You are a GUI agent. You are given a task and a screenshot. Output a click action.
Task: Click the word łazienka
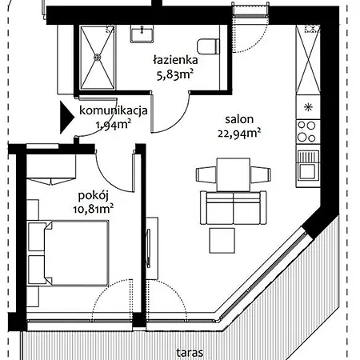[x=175, y=60]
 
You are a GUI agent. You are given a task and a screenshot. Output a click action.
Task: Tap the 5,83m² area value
[x=174, y=74]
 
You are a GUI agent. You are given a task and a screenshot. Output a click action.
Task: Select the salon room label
[x=239, y=119]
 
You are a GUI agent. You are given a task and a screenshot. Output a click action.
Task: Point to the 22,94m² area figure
[x=239, y=133]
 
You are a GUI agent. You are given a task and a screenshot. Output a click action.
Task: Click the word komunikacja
[x=114, y=110]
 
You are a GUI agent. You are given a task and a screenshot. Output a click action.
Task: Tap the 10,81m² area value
[x=94, y=209]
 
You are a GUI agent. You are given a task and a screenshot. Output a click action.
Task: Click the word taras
[x=190, y=353]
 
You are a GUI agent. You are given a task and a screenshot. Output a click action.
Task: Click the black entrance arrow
[x=66, y=118]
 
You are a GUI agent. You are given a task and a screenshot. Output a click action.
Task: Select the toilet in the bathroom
[x=209, y=46]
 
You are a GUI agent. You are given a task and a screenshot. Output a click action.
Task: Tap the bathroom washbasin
[x=142, y=34]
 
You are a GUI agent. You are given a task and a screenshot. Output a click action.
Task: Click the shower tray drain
[x=98, y=57]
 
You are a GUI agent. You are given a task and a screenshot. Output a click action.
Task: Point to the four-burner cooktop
[x=308, y=132]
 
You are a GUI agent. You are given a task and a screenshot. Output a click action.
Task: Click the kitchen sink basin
[x=308, y=171]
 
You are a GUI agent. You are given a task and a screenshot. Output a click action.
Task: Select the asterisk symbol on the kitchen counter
[x=308, y=107]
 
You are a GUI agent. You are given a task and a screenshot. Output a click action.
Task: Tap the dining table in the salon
[x=234, y=174]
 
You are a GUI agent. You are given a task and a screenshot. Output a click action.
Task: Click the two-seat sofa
[x=234, y=208]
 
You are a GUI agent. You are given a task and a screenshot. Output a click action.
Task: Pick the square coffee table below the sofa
[x=222, y=241]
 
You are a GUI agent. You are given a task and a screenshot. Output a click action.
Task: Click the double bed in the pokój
[x=76, y=253]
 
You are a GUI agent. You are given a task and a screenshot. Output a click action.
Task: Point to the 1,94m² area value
[x=114, y=124]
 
